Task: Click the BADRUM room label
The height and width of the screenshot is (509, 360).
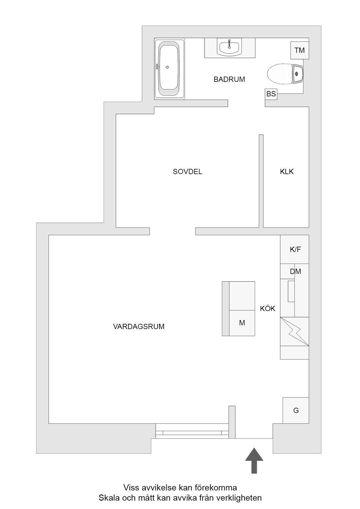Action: click(229, 79)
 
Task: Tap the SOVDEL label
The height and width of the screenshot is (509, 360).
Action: click(188, 172)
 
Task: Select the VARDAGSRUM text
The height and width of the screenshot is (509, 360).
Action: click(139, 326)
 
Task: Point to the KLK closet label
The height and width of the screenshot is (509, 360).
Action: click(287, 172)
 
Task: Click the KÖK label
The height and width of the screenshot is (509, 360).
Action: click(268, 308)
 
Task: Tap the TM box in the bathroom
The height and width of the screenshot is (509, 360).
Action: click(300, 50)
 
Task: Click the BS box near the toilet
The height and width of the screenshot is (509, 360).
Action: click(271, 94)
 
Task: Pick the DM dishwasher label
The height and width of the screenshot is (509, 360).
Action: click(296, 272)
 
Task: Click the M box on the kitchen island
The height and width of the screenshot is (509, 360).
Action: click(242, 323)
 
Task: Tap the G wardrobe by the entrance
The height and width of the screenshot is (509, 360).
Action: click(296, 410)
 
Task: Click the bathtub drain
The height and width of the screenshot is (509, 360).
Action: click(167, 67)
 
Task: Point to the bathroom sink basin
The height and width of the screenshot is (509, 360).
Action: click(229, 48)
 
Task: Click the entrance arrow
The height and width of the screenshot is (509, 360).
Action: click(254, 460)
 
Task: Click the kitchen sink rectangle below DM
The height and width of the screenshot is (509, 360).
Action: click(291, 291)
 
